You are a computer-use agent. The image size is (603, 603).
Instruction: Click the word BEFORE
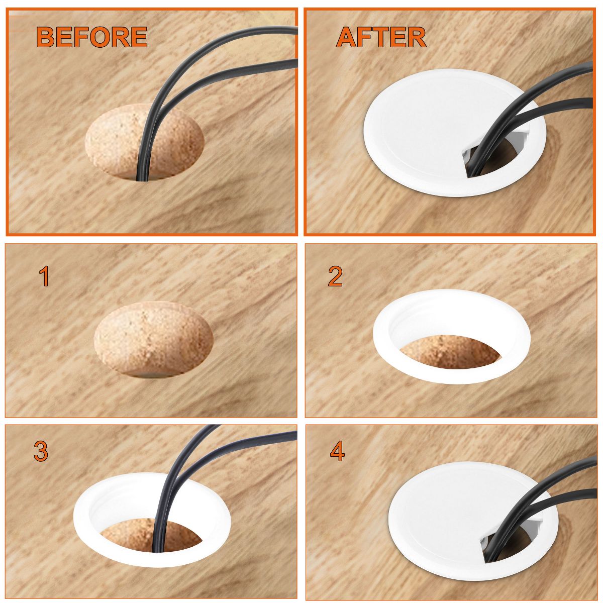tap(91, 37)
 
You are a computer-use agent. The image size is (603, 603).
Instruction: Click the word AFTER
tap(381, 37)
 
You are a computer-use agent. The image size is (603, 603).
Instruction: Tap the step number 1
tap(44, 276)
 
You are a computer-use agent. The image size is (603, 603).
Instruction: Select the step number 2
tap(335, 276)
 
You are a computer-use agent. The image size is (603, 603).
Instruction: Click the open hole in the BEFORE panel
tap(145, 142)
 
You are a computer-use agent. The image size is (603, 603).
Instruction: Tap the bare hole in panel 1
tap(153, 340)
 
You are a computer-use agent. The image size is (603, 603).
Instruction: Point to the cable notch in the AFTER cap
tap(494, 156)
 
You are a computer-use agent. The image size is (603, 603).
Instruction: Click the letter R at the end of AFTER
tap(417, 37)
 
